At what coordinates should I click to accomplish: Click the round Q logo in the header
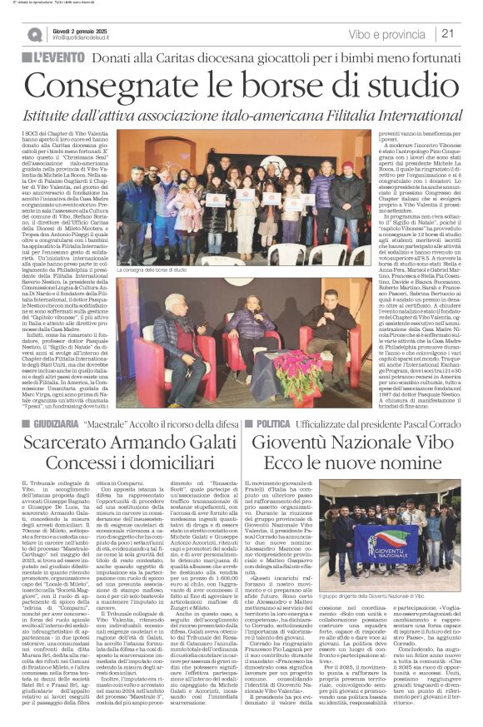35,34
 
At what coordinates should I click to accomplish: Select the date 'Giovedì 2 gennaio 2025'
89,28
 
